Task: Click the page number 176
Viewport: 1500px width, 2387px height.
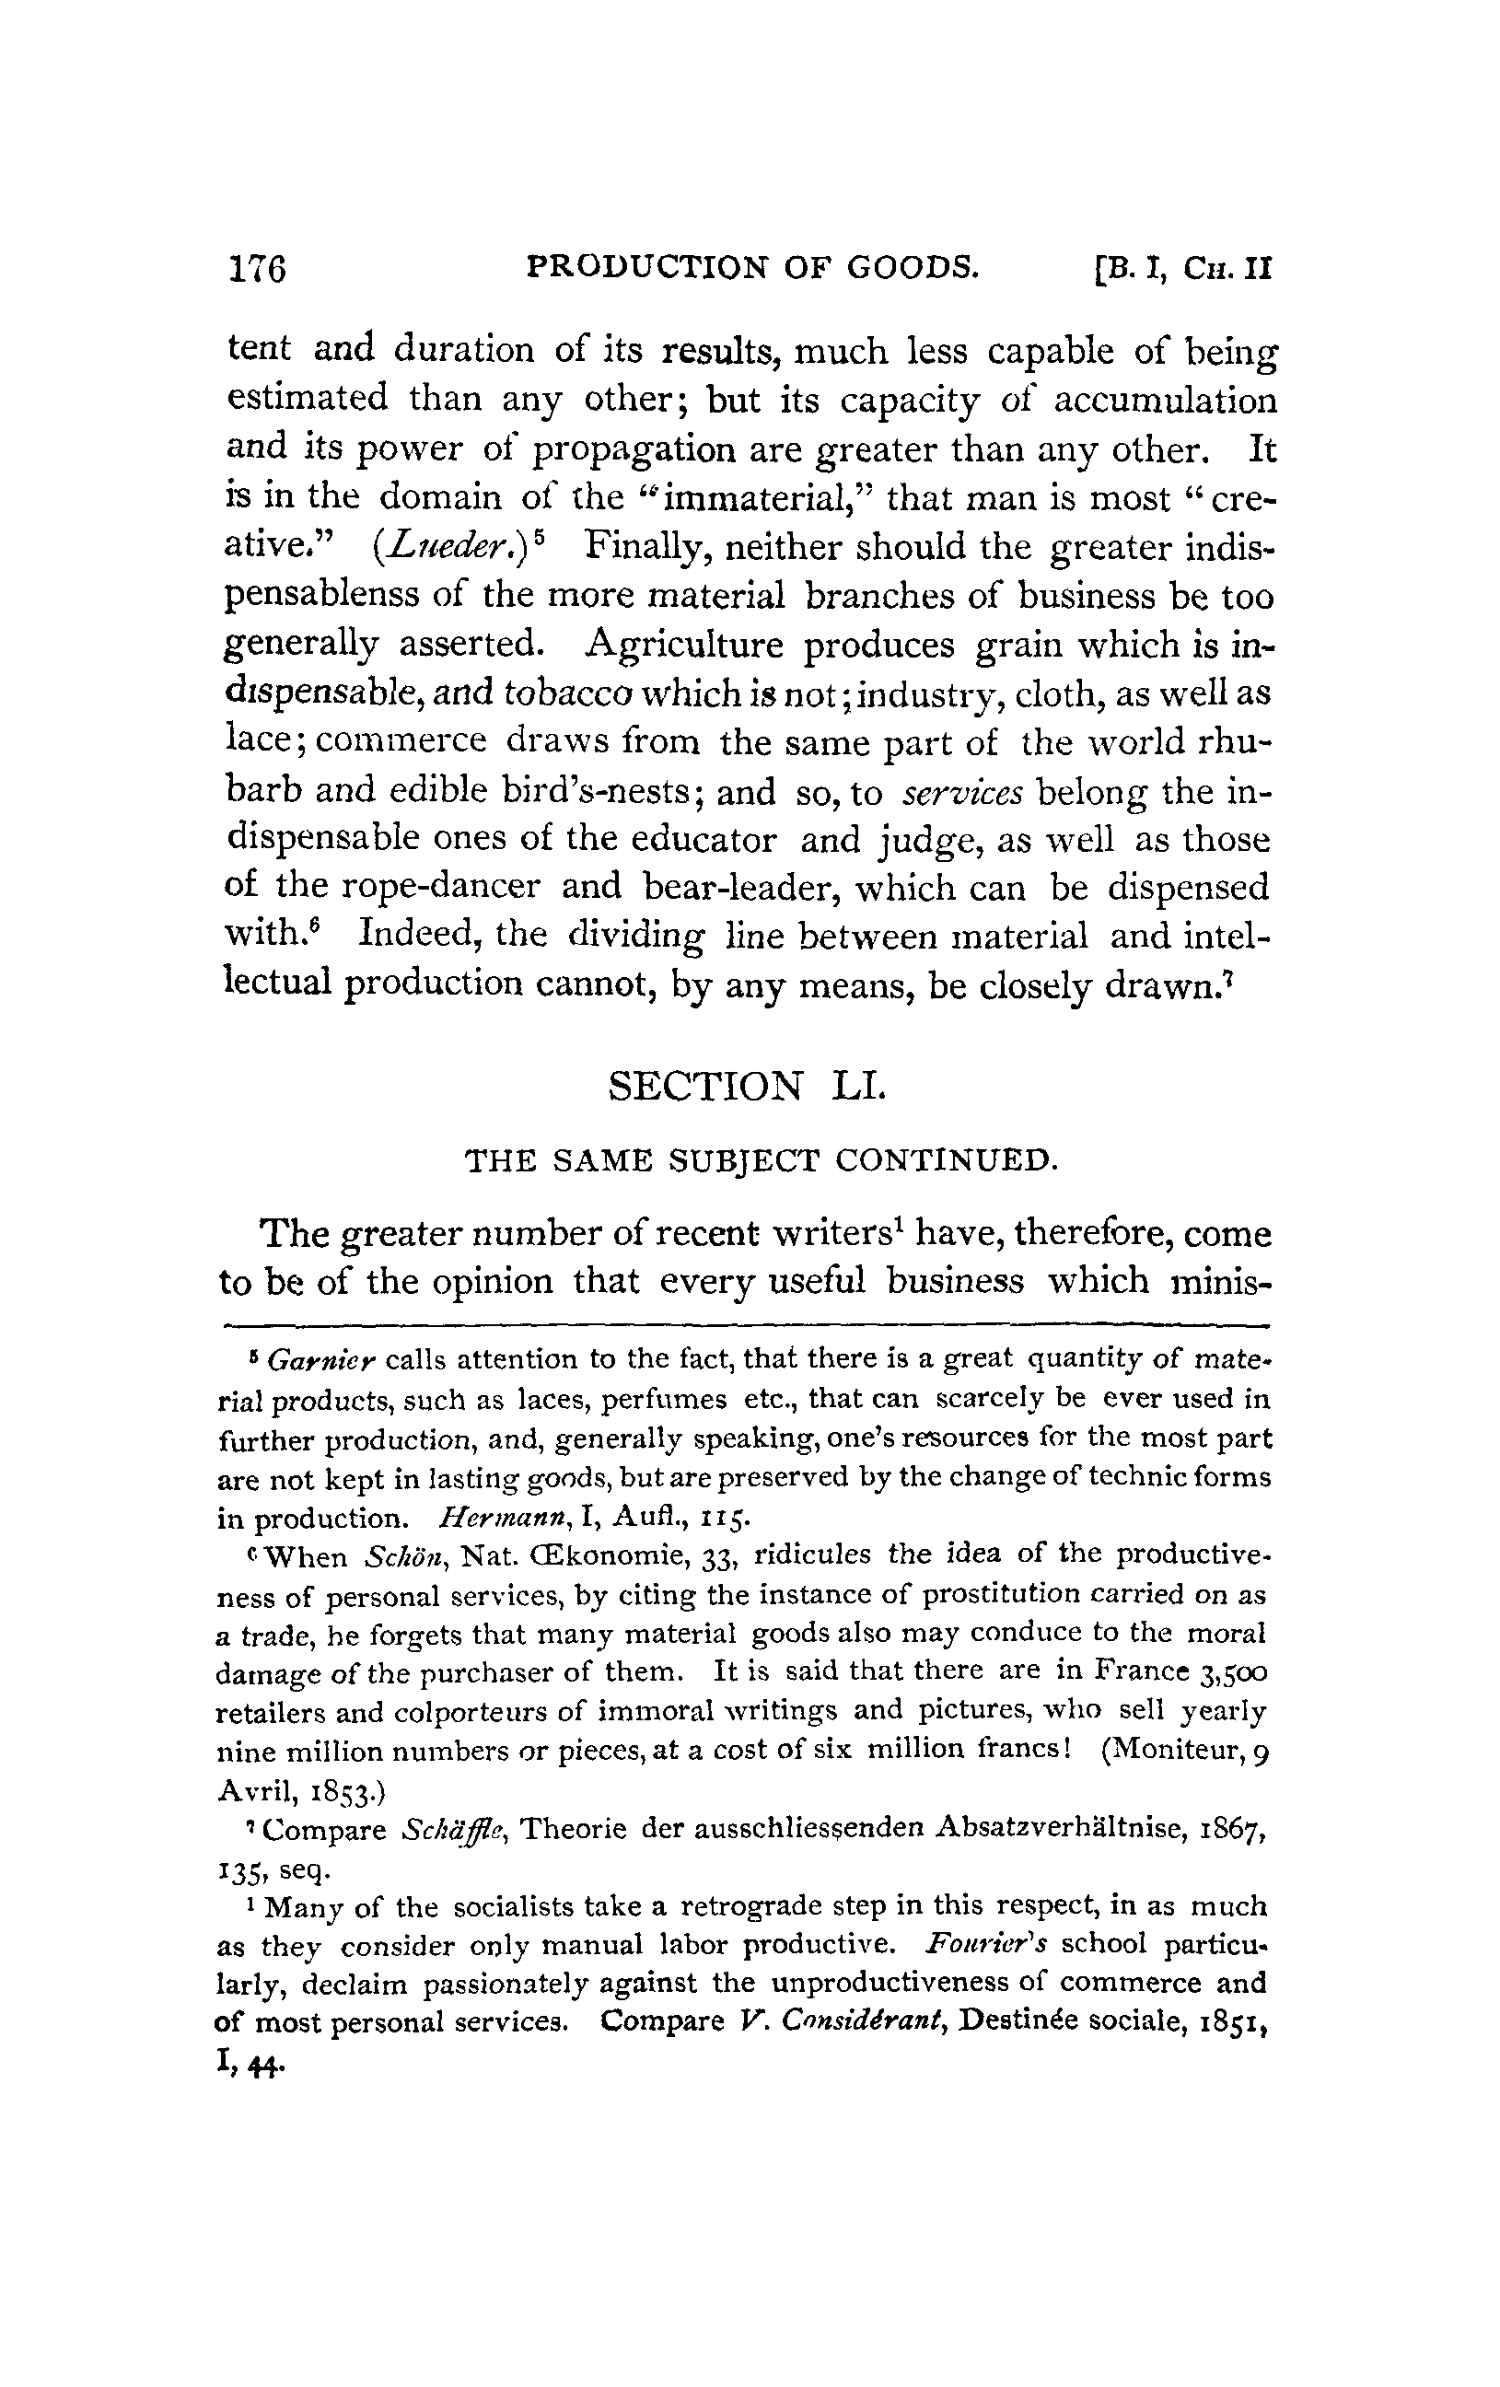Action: tap(257, 268)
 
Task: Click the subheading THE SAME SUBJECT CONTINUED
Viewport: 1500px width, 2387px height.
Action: tap(762, 1159)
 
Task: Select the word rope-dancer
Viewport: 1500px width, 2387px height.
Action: tap(440, 886)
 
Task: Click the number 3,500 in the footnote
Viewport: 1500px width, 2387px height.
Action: tap(1233, 1674)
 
